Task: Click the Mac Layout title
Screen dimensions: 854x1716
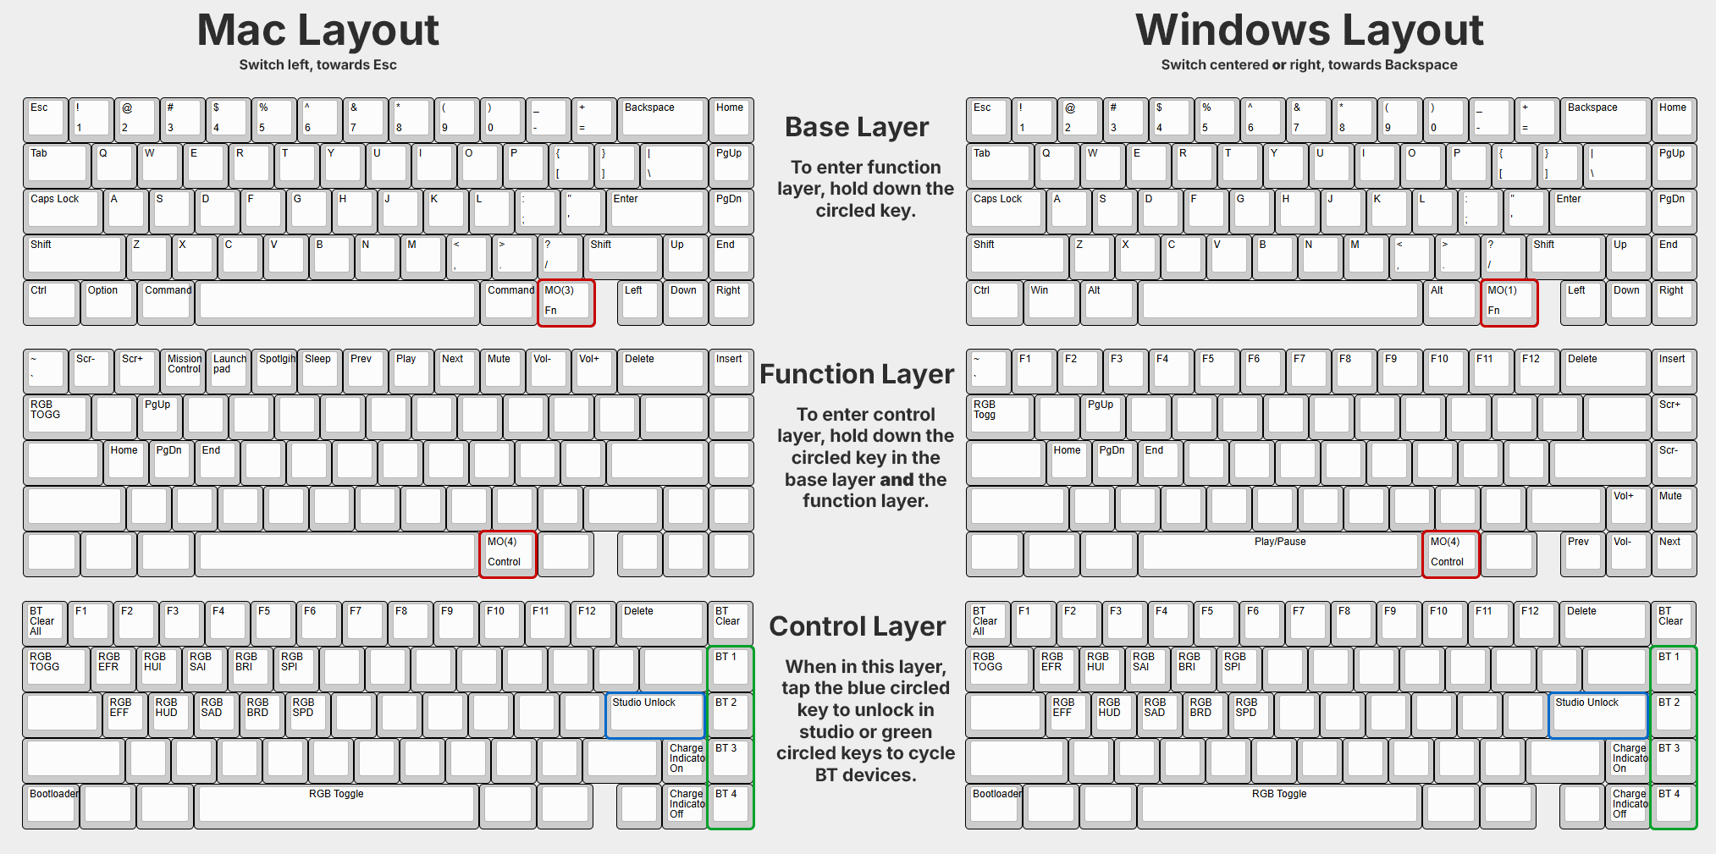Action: click(317, 30)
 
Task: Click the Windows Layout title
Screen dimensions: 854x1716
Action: click(1309, 30)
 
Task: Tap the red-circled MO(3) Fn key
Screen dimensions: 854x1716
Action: click(566, 302)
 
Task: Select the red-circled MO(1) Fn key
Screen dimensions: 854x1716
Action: click(1509, 302)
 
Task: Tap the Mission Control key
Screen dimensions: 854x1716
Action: click(184, 370)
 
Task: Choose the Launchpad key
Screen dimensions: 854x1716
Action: click(229, 370)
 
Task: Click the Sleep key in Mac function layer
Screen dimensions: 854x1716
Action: click(321, 370)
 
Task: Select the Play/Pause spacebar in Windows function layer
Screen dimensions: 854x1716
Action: click(1280, 553)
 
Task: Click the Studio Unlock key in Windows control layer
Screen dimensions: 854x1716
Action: click(1597, 714)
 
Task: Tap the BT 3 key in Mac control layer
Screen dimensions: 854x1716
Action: click(730, 759)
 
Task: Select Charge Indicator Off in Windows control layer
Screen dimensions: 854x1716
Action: click(1628, 806)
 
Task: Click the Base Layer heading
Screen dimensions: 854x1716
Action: click(857, 127)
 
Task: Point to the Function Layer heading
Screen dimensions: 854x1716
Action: click(857, 374)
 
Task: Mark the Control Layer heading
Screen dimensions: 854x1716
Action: click(857, 626)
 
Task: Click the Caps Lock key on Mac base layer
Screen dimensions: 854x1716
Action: click(63, 211)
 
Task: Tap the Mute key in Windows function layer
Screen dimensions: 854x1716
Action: click(1674, 507)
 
